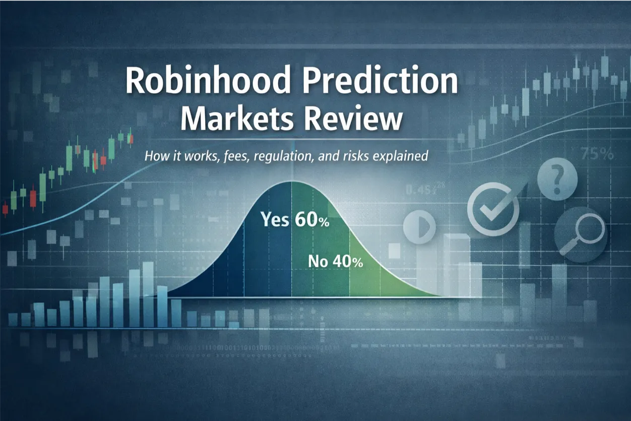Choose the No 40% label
tap(335, 262)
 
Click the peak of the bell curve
tap(291, 182)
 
